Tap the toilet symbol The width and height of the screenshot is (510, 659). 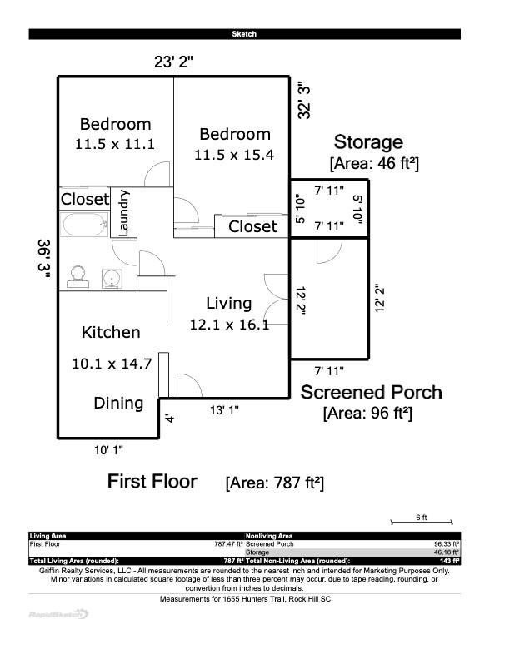(79, 275)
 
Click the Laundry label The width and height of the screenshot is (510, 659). (124, 213)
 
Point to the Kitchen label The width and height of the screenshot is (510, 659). (111, 333)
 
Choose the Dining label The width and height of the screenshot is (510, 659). (117, 404)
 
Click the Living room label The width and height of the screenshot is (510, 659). (229, 304)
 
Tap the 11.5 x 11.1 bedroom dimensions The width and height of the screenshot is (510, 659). (115, 144)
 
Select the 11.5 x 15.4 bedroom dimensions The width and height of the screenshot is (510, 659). (234, 155)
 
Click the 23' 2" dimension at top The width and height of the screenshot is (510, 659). (174, 61)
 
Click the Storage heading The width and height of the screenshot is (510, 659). (368, 142)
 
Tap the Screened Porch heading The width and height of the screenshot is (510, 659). (371, 393)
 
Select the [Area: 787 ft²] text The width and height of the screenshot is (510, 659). (274, 483)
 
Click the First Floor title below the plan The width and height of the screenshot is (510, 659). (152, 481)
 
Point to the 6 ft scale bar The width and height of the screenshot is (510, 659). (422, 522)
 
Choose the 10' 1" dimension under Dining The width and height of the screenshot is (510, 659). (108, 450)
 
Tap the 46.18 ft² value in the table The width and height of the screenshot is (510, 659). (447, 552)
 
